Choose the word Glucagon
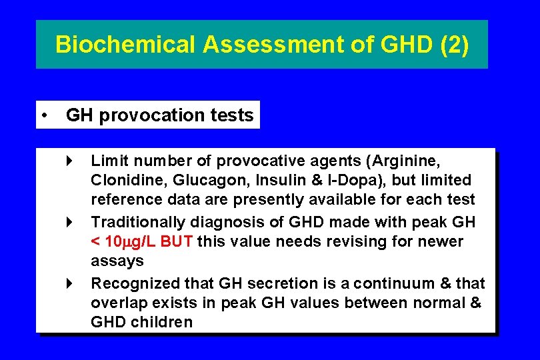point(197,180)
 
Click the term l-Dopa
point(331,180)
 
